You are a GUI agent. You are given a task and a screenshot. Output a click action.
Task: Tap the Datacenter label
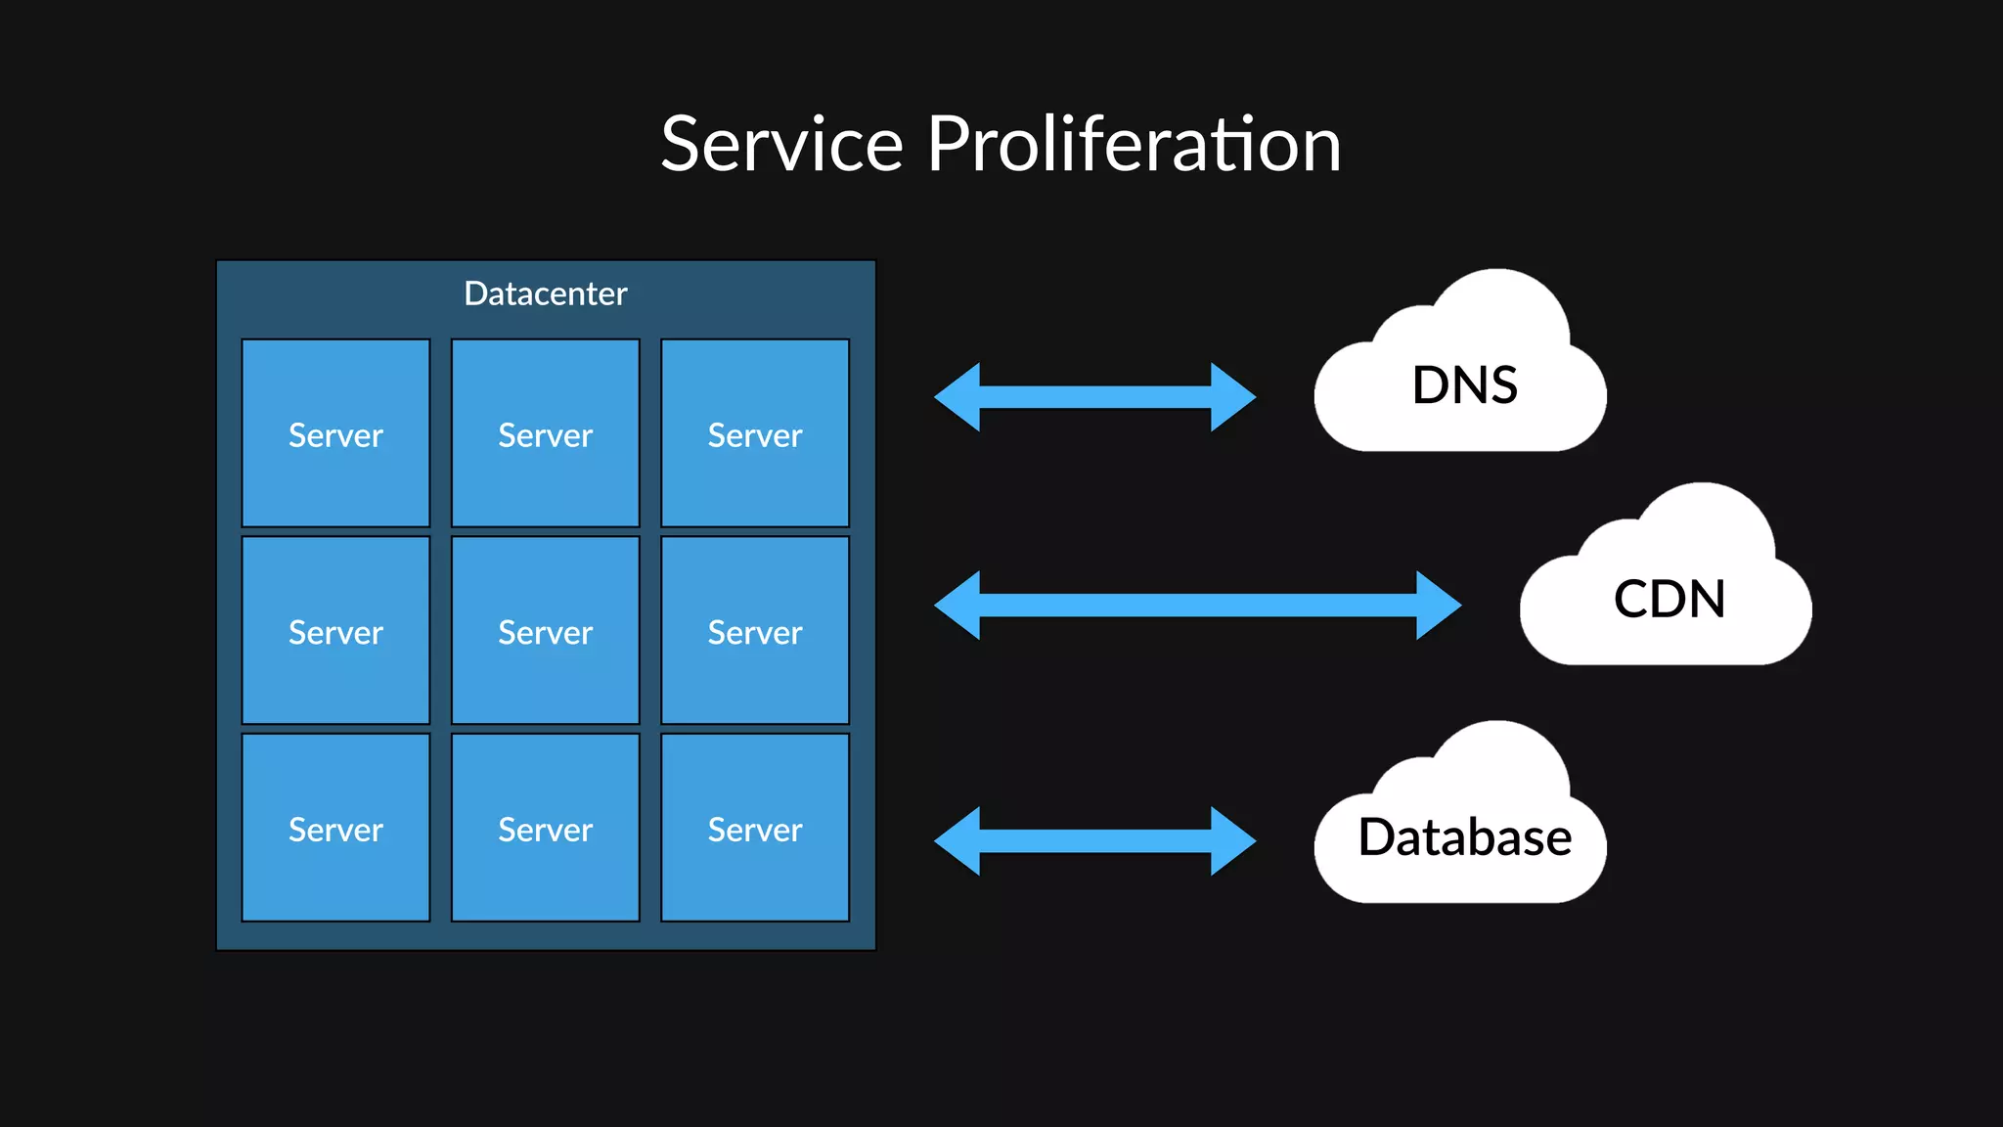tap(545, 293)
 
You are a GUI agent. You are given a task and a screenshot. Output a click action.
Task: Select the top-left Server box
tap(335, 433)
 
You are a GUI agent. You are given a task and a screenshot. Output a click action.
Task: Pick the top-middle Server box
tap(545, 433)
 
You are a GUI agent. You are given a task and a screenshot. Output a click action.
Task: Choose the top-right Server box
tap(754, 433)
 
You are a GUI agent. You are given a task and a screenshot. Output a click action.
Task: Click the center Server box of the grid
tap(545, 631)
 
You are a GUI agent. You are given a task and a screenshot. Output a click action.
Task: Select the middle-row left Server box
tap(335, 631)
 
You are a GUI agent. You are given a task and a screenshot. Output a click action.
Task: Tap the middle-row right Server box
tap(754, 631)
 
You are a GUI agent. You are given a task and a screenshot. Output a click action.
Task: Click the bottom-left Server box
tap(335, 828)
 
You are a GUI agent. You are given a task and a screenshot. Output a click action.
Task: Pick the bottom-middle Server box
tap(545, 828)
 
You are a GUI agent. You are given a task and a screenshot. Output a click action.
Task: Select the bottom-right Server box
tap(754, 828)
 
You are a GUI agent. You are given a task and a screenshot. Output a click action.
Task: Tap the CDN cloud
tap(1668, 599)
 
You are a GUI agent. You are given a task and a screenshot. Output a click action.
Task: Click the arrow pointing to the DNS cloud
tap(1094, 397)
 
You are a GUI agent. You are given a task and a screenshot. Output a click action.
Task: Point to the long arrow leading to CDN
tap(1197, 606)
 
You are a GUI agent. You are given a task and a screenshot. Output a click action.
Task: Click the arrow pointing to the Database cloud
tap(1094, 840)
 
